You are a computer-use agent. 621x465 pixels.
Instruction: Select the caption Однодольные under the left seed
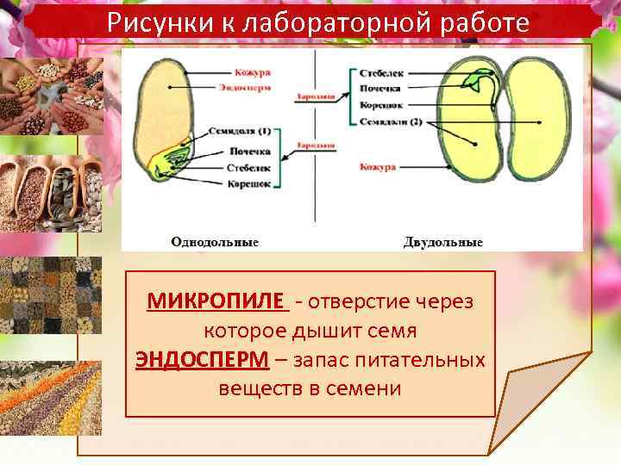point(215,241)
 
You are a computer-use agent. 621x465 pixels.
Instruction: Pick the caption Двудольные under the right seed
point(442,241)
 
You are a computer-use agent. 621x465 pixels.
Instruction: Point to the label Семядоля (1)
point(240,132)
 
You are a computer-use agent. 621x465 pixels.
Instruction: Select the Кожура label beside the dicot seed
point(378,167)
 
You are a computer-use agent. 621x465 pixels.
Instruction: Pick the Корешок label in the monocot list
point(250,183)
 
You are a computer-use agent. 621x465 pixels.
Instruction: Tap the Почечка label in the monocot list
point(249,151)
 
